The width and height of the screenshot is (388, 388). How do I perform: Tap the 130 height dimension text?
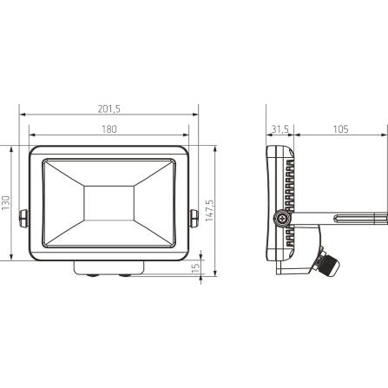tap(6, 203)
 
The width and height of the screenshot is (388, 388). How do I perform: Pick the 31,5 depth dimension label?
tap(279, 130)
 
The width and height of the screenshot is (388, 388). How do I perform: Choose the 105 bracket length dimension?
tap(339, 130)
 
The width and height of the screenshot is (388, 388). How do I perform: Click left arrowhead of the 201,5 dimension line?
tap(23, 115)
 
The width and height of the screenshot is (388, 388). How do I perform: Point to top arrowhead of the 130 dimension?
tap(12, 148)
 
